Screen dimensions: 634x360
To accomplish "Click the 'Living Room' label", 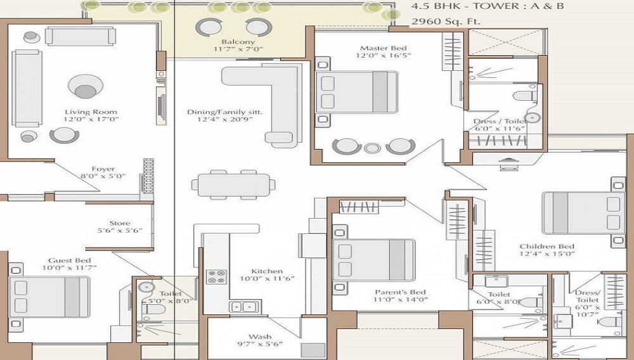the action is click(x=91, y=112).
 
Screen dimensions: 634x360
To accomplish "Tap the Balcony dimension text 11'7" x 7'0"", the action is click(x=238, y=49).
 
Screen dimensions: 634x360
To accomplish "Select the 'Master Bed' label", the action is click(x=384, y=48).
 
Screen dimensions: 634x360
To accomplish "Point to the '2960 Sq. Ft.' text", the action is click(x=446, y=22).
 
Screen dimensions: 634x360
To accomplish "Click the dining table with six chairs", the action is click(x=233, y=184).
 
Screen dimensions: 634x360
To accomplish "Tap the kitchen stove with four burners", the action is click(x=216, y=277).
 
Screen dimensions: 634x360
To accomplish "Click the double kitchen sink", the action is click(x=245, y=307).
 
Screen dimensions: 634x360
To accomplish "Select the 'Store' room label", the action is click(x=120, y=223).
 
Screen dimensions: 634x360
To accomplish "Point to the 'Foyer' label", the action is click(x=103, y=169).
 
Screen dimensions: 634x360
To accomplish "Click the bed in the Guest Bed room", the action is click(x=49, y=297).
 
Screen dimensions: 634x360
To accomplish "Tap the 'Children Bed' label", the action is click(x=547, y=247).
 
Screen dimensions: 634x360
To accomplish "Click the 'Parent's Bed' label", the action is click(x=400, y=292).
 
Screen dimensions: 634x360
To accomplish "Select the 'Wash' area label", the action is click(x=260, y=337).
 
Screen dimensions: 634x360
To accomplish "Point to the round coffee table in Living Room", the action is click(x=86, y=86).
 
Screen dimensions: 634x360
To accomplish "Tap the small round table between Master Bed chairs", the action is click(x=372, y=148).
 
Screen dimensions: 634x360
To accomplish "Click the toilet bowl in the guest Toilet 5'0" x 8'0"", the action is click(x=153, y=309).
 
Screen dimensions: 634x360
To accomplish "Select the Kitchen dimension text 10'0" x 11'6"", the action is click(x=267, y=279).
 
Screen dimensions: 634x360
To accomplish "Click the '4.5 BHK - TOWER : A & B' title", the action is click(x=487, y=6).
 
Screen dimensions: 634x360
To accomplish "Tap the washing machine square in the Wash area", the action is click(x=313, y=350).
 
